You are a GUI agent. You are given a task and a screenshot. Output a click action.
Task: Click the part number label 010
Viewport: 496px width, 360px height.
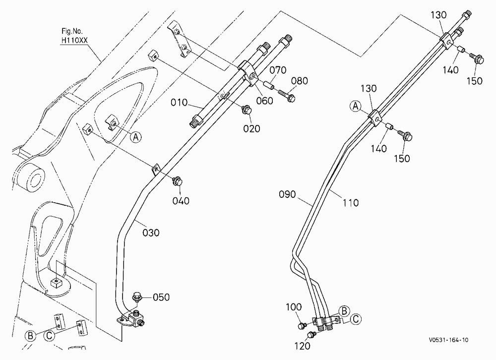coord(179,103)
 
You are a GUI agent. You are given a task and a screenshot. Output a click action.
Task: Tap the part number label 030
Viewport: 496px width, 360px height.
coord(151,233)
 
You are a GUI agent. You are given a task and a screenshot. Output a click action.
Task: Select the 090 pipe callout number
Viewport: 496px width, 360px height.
coord(287,194)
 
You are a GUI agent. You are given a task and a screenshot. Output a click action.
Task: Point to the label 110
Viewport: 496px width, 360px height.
coord(350,202)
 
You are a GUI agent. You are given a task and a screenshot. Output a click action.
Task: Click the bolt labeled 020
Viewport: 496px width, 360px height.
coord(247,111)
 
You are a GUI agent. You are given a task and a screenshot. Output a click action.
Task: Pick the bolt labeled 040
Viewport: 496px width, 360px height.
coord(177,181)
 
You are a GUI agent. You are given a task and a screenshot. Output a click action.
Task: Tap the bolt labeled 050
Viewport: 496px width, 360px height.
coord(137,297)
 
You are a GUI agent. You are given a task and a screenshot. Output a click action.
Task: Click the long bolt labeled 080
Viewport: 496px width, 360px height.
coord(287,96)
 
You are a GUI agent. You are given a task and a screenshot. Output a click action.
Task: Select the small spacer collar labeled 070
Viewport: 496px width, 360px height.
coord(268,86)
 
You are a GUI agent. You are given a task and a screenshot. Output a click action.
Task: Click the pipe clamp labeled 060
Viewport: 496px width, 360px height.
coord(248,73)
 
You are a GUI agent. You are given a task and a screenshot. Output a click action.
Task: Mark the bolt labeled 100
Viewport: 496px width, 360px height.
coord(302,325)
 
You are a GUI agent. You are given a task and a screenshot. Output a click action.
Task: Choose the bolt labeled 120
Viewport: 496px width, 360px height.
coord(312,334)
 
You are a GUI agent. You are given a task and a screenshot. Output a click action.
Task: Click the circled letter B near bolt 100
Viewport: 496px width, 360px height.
coord(344,311)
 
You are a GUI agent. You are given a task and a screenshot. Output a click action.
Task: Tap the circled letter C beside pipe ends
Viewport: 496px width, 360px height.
coord(356,319)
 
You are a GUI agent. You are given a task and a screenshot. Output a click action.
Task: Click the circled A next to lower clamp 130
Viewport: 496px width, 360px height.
coord(356,106)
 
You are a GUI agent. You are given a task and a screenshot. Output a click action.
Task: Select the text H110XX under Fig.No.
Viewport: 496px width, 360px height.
coord(74,41)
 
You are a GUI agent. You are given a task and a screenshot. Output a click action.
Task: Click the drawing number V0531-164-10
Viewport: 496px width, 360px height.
coord(448,340)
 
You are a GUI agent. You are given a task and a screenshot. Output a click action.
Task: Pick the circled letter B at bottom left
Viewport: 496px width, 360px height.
coord(30,335)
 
